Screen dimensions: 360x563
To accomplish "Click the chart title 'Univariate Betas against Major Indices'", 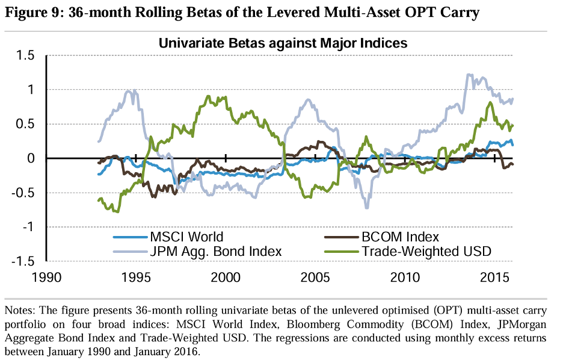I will [x=283, y=43].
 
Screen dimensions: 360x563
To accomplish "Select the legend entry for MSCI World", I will [x=186, y=237].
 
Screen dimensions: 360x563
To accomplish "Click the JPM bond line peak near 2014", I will [x=469, y=75].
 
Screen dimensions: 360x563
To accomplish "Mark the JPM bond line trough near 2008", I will [x=366, y=208].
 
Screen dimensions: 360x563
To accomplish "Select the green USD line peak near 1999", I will [x=208, y=96].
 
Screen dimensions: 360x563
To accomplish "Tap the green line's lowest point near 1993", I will [x=117, y=212].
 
